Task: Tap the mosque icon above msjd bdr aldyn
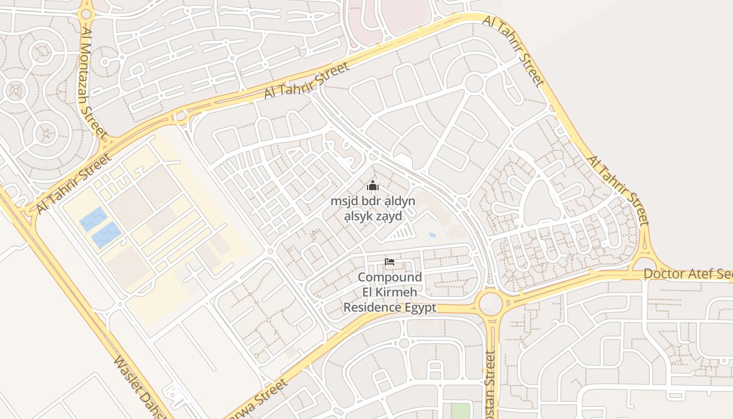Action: (x=373, y=185)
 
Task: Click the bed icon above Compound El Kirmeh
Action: (x=389, y=262)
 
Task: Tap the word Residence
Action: (x=372, y=307)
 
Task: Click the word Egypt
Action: (x=420, y=307)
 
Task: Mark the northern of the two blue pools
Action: (x=94, y=219)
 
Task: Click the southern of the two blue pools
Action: (x=107, y=234)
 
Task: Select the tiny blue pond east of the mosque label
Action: (x=432, y=235)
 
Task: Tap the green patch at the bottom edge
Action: (x=460, y=411)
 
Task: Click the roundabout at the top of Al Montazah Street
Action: (x=86, y=14)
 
